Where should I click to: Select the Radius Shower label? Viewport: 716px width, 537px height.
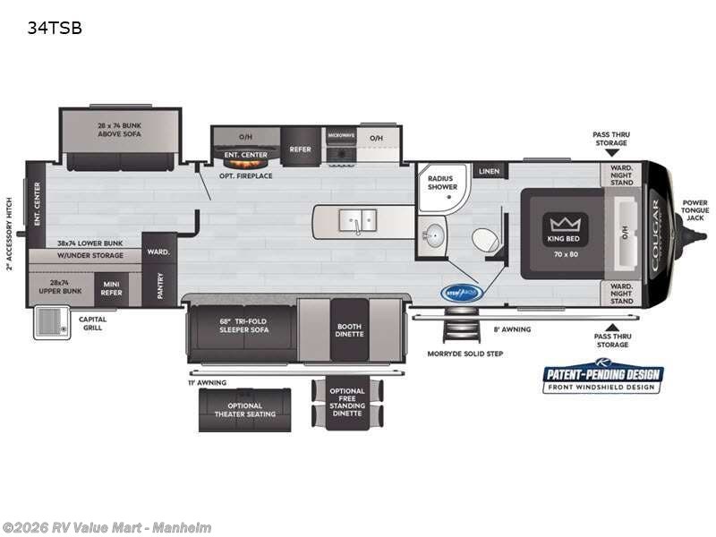point(442,183)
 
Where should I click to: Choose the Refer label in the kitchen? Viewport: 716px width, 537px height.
point(301,149)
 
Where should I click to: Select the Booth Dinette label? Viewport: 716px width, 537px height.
point(348,331)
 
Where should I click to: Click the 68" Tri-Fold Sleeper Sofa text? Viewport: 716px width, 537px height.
point(243,326)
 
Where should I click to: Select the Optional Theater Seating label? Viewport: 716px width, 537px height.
point(243,409)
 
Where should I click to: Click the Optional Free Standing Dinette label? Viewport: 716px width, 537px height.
point(347,402)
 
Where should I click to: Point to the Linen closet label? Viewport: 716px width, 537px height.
point(489,171)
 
